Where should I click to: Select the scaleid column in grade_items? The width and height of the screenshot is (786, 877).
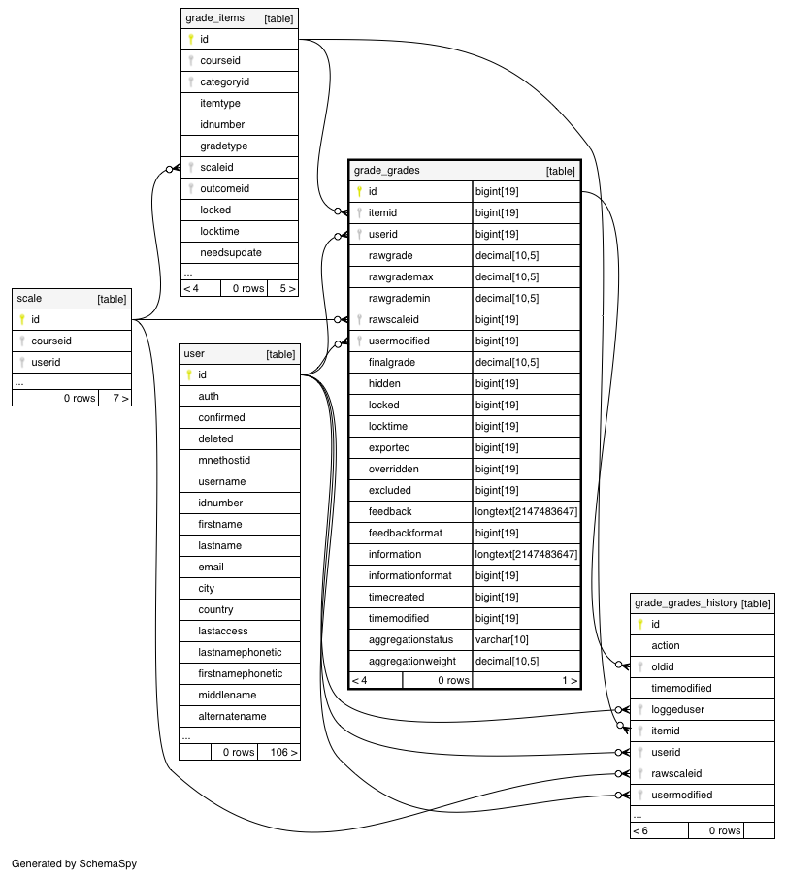click(216, 167)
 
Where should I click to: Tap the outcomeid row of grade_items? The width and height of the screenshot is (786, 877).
click(224, 188)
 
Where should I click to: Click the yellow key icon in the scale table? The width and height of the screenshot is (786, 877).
click(22, 320)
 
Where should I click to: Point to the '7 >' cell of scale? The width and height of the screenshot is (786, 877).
click(119, 398)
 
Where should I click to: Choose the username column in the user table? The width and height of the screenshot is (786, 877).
click(221, 481)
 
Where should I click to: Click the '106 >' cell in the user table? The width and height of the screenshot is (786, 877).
click(278, 752)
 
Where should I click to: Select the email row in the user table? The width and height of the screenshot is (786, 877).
click(211, 567)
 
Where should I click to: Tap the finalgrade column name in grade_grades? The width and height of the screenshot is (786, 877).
click(392, 362)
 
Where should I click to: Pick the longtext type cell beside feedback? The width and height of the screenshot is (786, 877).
click(526, 511)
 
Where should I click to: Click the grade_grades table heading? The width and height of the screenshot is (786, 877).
click(387, 170)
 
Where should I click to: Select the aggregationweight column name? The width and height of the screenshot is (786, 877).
click(411, 661)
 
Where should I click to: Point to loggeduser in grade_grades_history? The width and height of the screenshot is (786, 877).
click(677, 709)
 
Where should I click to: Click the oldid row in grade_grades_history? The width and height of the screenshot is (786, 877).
click(662, 666)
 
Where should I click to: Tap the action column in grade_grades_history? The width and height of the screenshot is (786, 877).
click(666, 645)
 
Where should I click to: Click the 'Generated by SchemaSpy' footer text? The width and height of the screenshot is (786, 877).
click(74, 862)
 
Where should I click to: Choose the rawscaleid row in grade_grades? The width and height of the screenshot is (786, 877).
click(395, 319)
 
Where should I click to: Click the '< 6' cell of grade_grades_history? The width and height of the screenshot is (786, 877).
click(641, 830)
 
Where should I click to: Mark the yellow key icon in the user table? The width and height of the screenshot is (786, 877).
click(189, 375)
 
